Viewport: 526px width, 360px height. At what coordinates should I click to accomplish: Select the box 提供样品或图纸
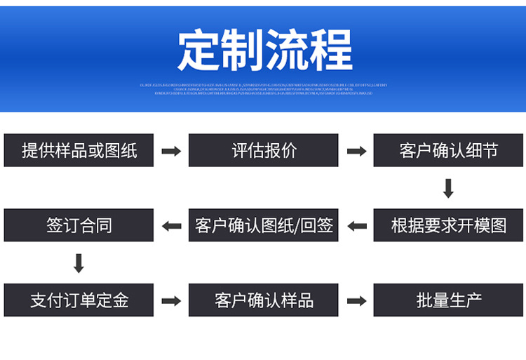79,150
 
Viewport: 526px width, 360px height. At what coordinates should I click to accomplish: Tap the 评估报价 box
264,150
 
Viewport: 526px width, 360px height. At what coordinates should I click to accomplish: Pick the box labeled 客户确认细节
449,150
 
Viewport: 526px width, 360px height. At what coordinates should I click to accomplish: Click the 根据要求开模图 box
449,225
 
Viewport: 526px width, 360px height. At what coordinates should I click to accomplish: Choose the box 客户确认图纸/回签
264,225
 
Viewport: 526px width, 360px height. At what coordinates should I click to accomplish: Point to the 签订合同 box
79,225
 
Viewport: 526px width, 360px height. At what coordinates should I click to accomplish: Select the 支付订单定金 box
79,300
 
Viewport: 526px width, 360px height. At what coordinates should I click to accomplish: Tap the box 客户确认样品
264,300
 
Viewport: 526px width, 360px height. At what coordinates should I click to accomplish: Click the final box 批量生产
449,300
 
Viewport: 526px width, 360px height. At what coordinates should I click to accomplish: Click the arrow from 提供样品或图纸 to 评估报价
171,151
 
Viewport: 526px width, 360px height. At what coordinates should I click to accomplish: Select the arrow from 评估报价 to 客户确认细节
357,151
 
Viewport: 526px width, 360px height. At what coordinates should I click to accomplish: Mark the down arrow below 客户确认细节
449,188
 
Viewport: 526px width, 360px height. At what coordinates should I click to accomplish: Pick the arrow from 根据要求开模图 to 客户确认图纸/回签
357,226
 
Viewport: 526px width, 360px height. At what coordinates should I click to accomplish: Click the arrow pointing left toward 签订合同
171,226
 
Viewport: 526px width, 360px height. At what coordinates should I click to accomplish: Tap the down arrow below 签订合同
79,263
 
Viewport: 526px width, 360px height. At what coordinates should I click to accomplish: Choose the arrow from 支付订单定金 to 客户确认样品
171,301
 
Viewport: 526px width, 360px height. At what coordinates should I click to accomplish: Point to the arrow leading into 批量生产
357,301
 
